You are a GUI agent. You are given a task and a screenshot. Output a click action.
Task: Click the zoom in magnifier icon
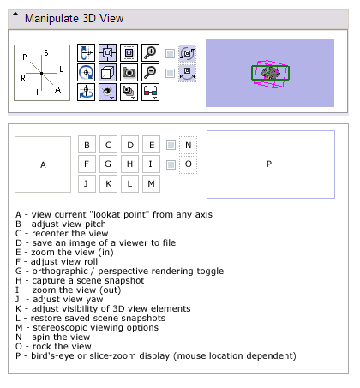[x=150, y=52]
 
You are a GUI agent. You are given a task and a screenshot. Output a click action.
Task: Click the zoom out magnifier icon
[x=150, y=73]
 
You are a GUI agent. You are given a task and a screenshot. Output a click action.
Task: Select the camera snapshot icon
[x=129, y=73]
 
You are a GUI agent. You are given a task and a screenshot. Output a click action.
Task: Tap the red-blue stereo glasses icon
[x=150, y=93]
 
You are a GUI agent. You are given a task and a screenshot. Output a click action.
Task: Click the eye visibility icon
[x=107, y=93]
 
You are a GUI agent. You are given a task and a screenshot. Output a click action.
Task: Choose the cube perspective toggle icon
[x=107, y=73]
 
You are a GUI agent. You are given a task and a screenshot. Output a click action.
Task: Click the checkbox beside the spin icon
[x=170, y=53]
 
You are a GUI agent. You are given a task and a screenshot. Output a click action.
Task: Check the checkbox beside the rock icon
[x=170, y=73]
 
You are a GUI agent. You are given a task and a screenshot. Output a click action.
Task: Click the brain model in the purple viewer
[x=271, y=73]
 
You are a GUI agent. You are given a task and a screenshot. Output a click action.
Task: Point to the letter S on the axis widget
[x=46, y=53]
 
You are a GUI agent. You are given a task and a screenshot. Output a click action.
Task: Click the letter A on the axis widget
[x=57, y=90]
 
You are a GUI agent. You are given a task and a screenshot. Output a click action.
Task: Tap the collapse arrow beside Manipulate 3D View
[x=15, y=14]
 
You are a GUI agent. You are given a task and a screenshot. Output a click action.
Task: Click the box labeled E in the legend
[x=151, y=145]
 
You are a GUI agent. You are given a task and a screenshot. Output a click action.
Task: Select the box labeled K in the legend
[x=108, y=183]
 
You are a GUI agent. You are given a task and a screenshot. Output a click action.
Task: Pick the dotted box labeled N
[x=188, y=145]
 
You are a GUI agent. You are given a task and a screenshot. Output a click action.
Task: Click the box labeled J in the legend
[x=87, y=183]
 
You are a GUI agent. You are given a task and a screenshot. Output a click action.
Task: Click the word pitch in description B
[x=95, y=224]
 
